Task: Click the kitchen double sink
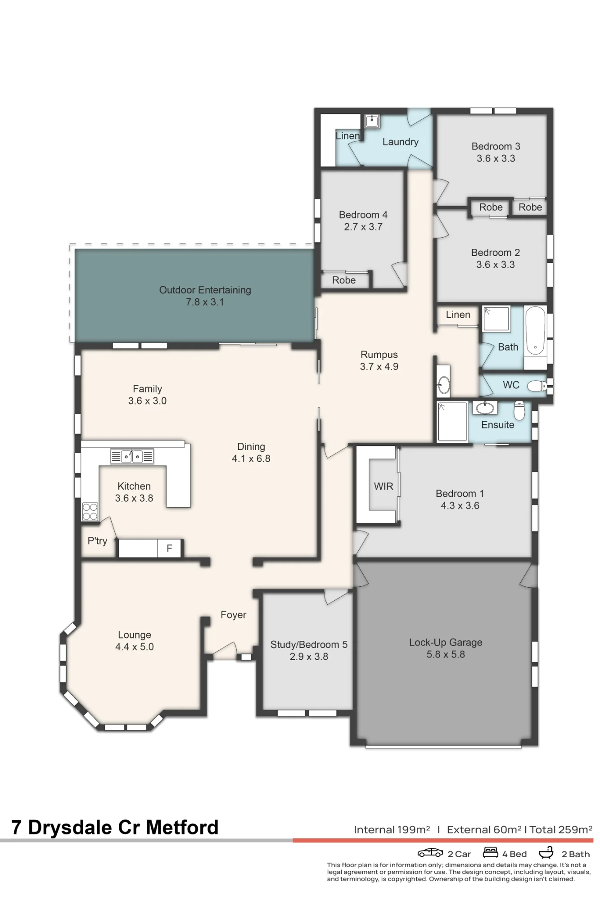[132, 456]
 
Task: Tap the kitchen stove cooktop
[90, 512]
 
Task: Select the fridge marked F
[169, 548]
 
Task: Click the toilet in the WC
[537, 386]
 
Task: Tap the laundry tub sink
[372, 121]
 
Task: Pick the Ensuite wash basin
[484, 408]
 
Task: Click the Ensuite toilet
[519, 410]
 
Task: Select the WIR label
[383, 486]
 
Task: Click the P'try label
[97, 541]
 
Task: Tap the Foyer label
[233, 615]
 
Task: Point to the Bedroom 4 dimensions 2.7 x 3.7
[363, 227]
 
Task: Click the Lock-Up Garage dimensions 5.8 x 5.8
[446, 654]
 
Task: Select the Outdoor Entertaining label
[205, 290]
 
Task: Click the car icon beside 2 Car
[430, 853]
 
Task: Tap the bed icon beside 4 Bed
[490, 852]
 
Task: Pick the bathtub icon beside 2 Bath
[546, 852]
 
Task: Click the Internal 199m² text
[392, 830]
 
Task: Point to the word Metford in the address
[182, 827]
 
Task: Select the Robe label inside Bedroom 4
[344, 280]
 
